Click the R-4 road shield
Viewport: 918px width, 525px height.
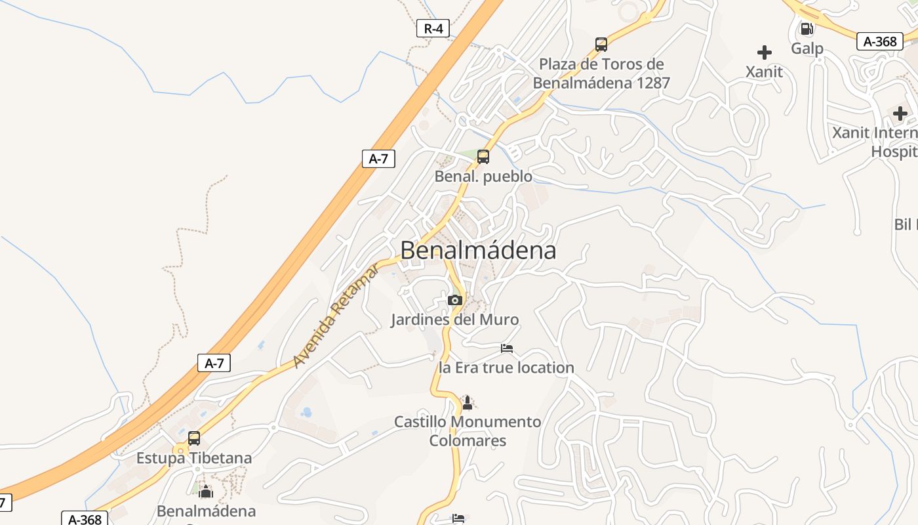(x=433, y=28)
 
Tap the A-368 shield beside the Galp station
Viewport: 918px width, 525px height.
(x=879, y=41)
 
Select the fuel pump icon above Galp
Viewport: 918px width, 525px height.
(x=807, y=29)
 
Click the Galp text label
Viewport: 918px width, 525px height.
(x=807, y=49)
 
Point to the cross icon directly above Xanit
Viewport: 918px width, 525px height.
(x=764, y=52)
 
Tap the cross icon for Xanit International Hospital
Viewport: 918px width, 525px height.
(x=900, y=114)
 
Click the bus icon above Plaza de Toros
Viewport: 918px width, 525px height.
(x=601, y=45)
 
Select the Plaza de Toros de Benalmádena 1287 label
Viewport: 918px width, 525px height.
(x=601, y=73)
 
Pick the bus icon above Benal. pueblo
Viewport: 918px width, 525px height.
(x=483, y=157)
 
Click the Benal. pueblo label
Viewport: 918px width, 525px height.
(x=483, y=177)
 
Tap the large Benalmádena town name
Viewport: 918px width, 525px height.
(x=478, y=250)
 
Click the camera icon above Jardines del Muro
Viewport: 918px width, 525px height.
(x=454, y=300)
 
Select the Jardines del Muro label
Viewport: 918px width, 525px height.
(x=454, y=320)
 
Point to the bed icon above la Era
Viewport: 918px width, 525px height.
(x=506, y=348)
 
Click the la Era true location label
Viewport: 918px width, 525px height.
(x=506, y=367)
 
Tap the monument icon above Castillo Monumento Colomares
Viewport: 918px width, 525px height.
(x=468, y=402)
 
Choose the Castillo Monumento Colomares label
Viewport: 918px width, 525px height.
(x=468, y=430)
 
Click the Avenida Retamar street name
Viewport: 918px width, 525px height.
(x=336, y=316)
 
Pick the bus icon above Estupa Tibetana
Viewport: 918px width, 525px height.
(x=194, y=438)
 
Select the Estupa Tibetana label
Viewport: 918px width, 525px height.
(x=194, y=458)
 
